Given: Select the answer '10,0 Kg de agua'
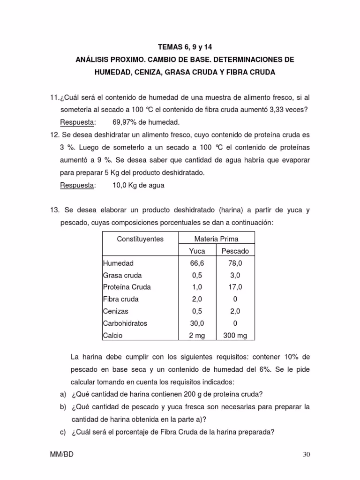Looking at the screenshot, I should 138,185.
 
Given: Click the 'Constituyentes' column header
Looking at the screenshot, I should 140,239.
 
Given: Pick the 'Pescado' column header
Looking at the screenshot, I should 235,251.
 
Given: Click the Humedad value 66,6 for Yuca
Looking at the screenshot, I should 197,263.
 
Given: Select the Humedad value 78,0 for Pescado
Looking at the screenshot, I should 235,263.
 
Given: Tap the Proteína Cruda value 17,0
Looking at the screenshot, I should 235,287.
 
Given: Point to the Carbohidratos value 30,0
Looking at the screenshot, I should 197,323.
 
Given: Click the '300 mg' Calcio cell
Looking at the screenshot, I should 235,336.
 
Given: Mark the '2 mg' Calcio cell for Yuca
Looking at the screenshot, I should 197,336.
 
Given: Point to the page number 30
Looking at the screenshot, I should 307,455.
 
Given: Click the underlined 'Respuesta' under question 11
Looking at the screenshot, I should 77,122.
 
